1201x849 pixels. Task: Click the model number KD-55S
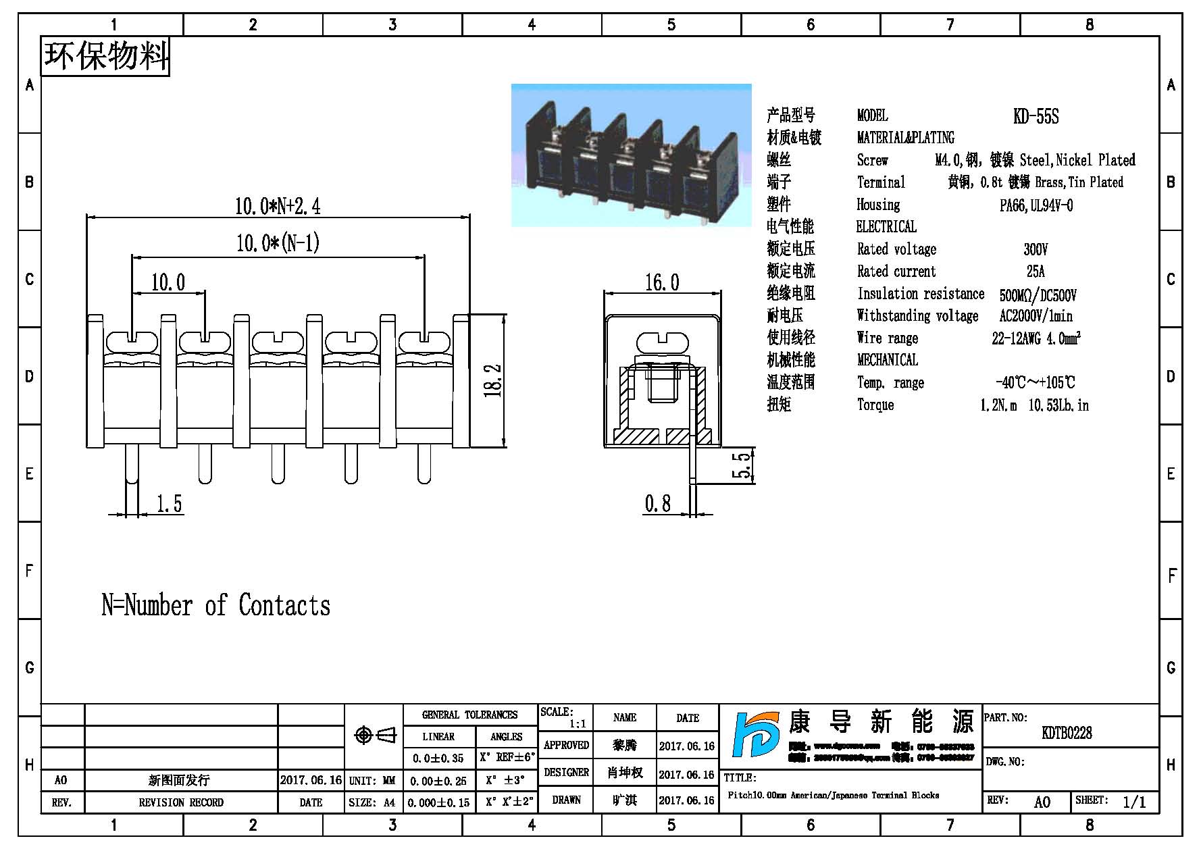[x=1036, y=117]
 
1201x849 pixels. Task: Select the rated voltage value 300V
[x=1035, y=249]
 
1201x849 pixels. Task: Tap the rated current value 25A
[x=1035, y=272]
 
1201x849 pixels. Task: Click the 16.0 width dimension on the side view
[x=661, y=282]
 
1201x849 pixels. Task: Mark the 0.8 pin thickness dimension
[x=657, y=503]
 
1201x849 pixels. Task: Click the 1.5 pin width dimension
[x=169, y=504]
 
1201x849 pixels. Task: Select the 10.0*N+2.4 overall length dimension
[x=277, y=205]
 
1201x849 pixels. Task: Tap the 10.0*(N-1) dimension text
[x=277, y=243]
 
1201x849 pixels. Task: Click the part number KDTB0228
[x=1067, y=733]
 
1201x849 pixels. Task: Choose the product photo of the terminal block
[x=631, y=155]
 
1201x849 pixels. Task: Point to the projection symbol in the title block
[x=375, y=735]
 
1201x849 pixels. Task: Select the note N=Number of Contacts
[x=215, y=605]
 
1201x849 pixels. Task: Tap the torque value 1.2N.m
[x=998, y=405]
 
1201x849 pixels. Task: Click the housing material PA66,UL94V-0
[x=1036, y=205]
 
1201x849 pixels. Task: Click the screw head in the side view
[x=661, y=342]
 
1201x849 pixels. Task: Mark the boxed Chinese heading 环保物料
[x=106, y=56]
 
